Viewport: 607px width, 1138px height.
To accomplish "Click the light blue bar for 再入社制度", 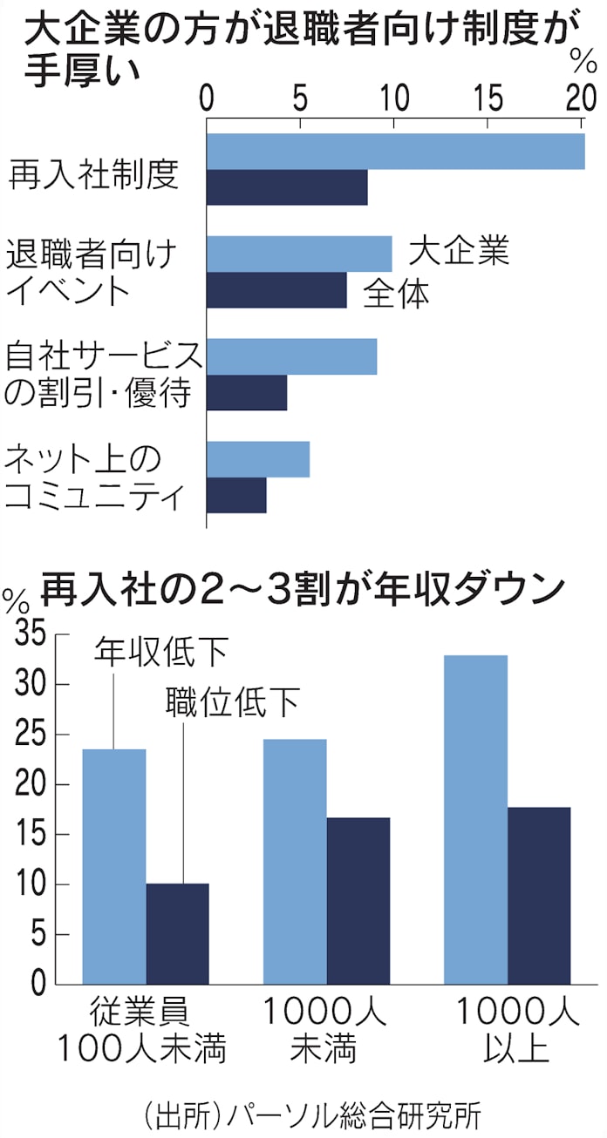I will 395,152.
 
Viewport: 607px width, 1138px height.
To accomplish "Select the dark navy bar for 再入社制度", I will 287,187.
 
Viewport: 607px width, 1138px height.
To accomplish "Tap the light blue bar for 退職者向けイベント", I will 299,254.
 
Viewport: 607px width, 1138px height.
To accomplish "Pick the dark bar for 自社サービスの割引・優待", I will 247,392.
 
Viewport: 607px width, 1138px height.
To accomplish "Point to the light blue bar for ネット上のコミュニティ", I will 258,459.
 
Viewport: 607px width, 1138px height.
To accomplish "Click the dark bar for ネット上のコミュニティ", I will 236,495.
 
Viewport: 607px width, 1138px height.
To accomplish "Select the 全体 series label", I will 396,294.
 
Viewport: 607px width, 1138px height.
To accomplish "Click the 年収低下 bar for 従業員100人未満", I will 114,866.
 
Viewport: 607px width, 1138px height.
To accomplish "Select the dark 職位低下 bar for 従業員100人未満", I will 177,933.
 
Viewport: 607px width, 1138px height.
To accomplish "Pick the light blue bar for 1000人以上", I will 475,819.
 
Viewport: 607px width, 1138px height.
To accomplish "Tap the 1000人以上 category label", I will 516,1029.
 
